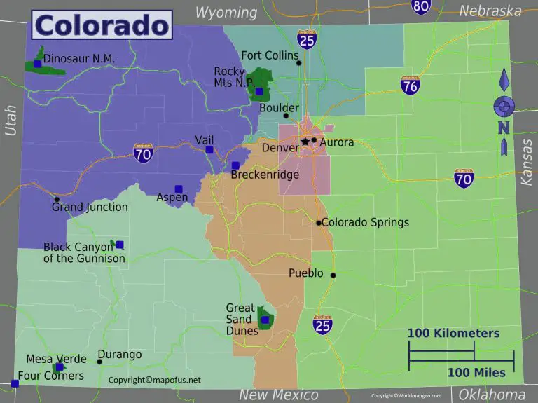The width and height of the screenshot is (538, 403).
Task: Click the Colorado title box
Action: tap(101, 25)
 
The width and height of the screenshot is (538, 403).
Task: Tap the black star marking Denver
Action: tap(305, 142)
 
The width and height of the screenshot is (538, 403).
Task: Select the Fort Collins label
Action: tap(270, 55)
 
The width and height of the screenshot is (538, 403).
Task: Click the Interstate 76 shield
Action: tap(411, 86)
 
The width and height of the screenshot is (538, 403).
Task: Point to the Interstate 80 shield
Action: tap(421, 6)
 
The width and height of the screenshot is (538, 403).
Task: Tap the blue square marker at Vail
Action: tap(209, 149)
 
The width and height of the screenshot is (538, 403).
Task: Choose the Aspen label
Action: tap(172, 198)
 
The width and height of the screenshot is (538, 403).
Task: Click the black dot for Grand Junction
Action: tap(57, 199)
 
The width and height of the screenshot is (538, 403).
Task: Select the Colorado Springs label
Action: tap(365, 223)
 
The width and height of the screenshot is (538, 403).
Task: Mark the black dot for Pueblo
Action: tap(333, 275)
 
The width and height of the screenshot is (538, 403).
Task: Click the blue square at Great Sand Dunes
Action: tap(265, 320)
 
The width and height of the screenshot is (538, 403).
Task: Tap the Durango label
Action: tap(119, 355)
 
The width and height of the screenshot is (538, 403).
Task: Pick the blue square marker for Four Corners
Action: tap(15, 383)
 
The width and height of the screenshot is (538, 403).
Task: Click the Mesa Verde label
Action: tap(56, 359)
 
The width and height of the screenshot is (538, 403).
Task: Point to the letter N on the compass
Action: tap(503, 128)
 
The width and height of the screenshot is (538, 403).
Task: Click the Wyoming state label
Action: tap(226, 12)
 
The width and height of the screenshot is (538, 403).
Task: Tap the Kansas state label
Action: tap(527, 162)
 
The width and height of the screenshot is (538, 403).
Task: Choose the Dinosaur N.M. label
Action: tap(79, 59)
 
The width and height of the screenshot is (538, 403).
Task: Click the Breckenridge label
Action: tap(265, 175)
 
